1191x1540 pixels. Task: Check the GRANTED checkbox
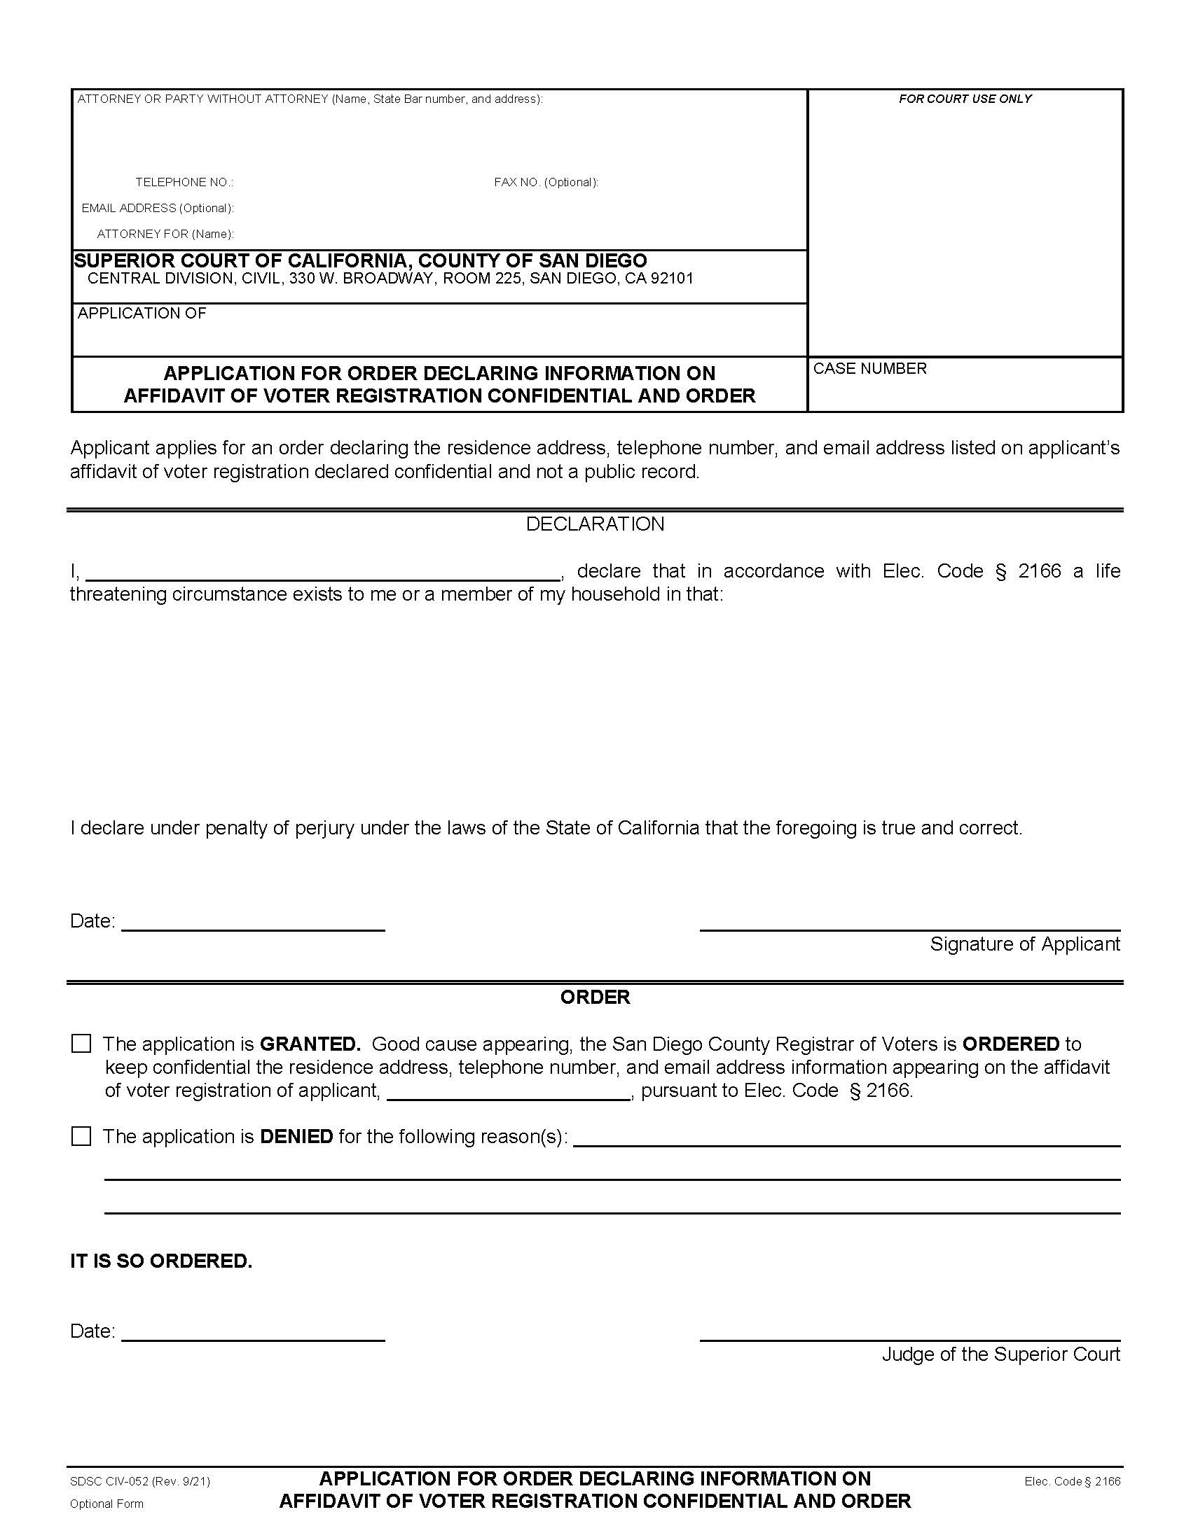81,1044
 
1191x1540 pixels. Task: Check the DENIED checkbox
81,1136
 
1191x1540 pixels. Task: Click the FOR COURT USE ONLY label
965,99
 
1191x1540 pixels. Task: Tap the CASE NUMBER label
869,369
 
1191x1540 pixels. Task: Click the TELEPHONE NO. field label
184,183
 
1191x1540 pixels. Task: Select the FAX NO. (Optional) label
545,183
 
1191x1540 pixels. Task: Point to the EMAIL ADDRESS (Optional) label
158,208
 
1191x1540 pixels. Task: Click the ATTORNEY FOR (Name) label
165,234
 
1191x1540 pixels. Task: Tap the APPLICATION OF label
142,313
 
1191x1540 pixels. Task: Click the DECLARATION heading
595,524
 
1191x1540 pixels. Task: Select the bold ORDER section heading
595,997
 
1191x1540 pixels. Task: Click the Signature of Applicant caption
1024,944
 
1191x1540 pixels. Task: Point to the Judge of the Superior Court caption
1000,1354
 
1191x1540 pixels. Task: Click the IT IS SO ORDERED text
161,1261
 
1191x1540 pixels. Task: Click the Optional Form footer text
106,1504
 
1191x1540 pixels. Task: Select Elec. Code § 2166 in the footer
1072,1481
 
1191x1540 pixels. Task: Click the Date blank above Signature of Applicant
253,921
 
